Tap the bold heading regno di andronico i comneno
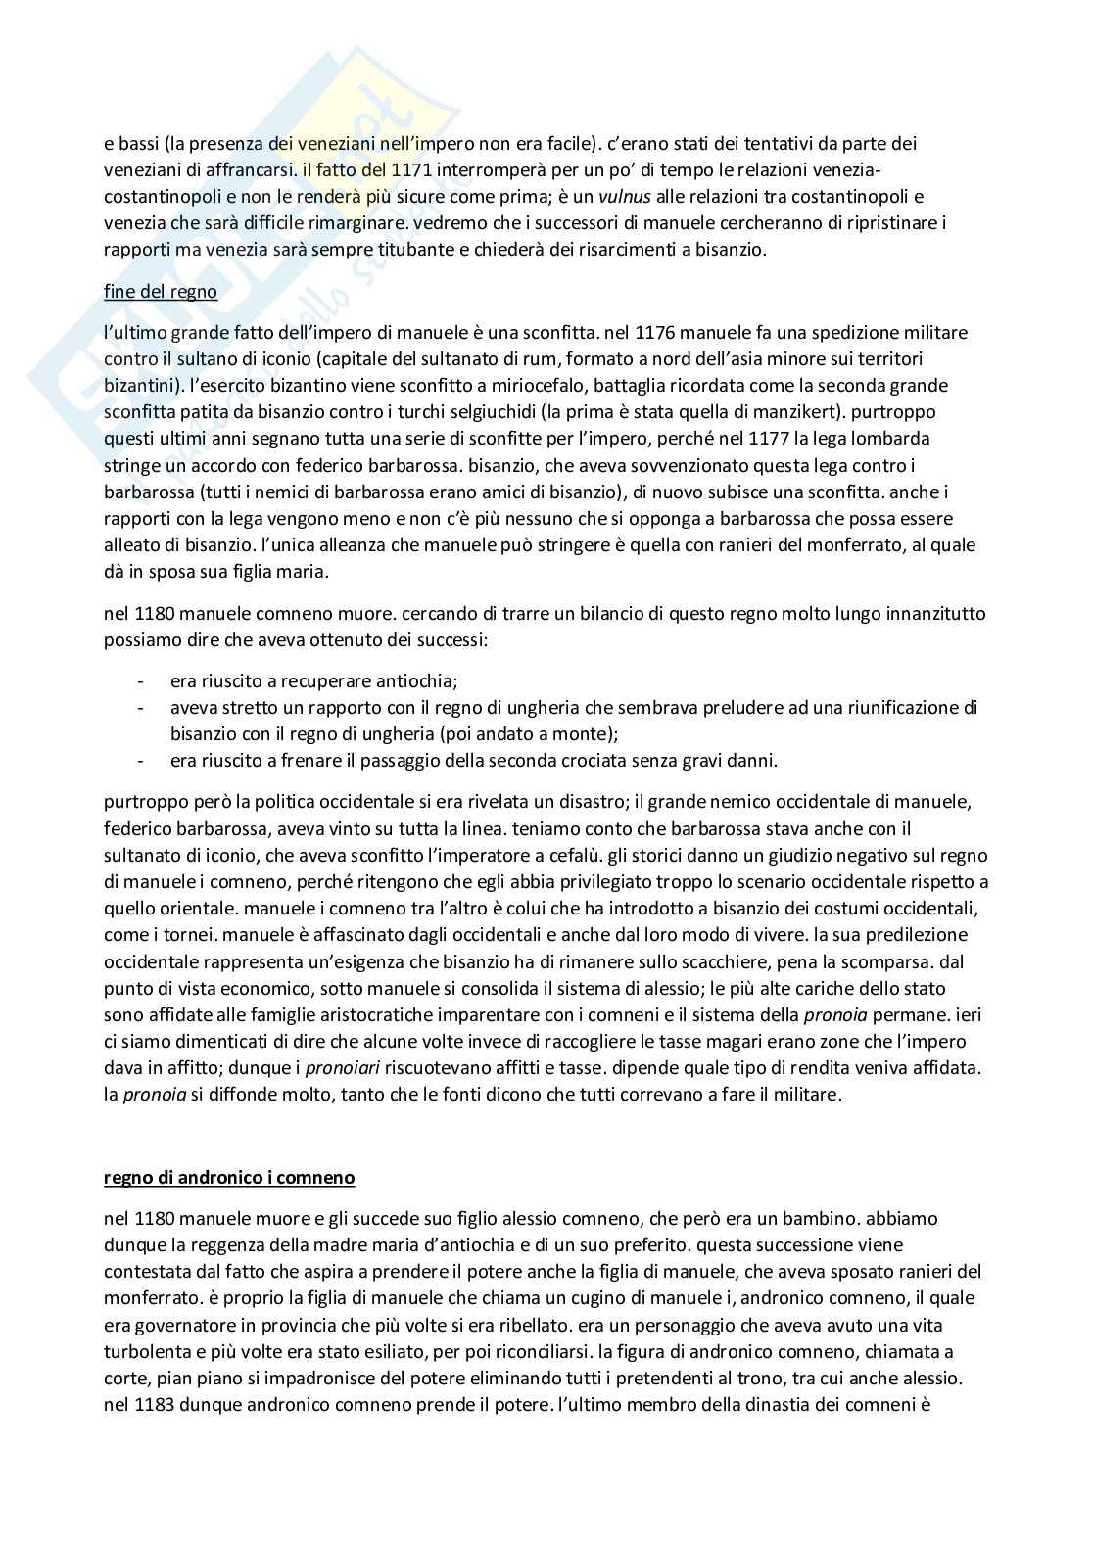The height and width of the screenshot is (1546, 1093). pos(229,1178)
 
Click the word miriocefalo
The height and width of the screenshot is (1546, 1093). pos(509,386)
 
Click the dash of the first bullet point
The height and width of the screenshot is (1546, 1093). pos(143,680)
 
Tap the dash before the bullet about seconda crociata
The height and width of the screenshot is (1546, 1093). pos(143,760)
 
